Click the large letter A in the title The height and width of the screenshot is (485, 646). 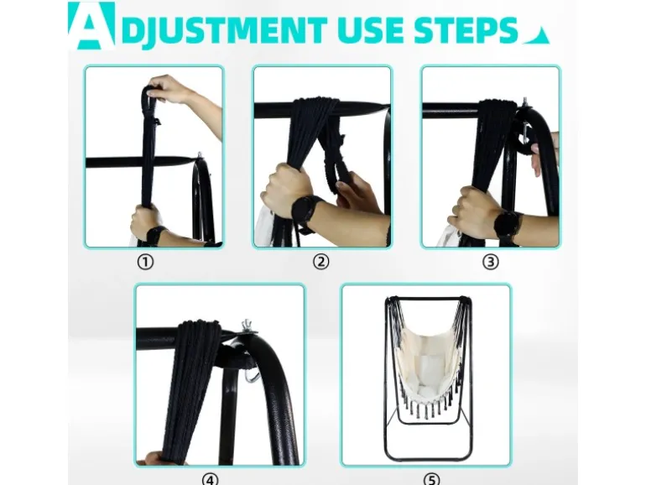click(91, 26)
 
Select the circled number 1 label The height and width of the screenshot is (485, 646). click(145, 262)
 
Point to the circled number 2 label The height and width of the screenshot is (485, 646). click(321, 262)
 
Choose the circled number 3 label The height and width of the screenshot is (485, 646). click(490, 262)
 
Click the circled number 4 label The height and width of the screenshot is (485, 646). click(210, 480)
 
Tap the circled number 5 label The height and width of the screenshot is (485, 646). click(431, 480)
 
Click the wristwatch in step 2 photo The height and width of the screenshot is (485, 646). click(307, 212)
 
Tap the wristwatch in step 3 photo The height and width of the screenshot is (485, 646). click(508, 226)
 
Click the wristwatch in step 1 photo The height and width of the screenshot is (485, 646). click(156, 235)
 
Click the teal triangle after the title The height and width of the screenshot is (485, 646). click(537, 37)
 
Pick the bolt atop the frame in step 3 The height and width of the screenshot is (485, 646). click(525, 103)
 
